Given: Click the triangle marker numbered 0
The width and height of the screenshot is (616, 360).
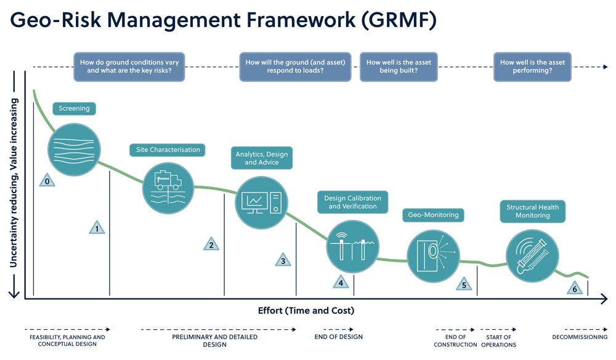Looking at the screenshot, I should (46, 181).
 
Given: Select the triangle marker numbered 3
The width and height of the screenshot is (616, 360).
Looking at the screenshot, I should (283, 260).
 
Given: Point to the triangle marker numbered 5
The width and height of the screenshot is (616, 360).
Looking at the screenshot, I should (464, 284).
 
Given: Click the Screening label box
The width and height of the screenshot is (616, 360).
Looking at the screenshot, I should (74, 108).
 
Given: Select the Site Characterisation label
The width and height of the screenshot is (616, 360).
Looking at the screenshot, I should (168, 150).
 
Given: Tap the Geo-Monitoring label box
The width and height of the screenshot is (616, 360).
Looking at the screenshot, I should (433, 215).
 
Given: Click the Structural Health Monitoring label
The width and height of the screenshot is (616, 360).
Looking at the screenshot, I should (532, 211).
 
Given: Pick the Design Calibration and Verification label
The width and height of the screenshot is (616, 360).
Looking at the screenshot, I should (352, 202).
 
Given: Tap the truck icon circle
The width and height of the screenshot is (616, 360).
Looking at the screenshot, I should (168, 187).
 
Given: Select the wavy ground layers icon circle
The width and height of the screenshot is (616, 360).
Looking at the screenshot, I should (74, 150).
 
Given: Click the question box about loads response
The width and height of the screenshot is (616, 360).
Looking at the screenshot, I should (295, 67).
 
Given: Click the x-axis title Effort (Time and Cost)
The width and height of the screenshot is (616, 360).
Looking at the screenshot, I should (306, 310).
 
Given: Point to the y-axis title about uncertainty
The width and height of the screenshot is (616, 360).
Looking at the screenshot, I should (13, 185).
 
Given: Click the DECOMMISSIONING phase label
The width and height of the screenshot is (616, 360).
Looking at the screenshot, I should (579, 337).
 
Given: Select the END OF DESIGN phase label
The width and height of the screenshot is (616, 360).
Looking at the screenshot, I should (339, 337).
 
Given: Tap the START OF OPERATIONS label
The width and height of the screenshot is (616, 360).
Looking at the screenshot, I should (498, 341).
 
